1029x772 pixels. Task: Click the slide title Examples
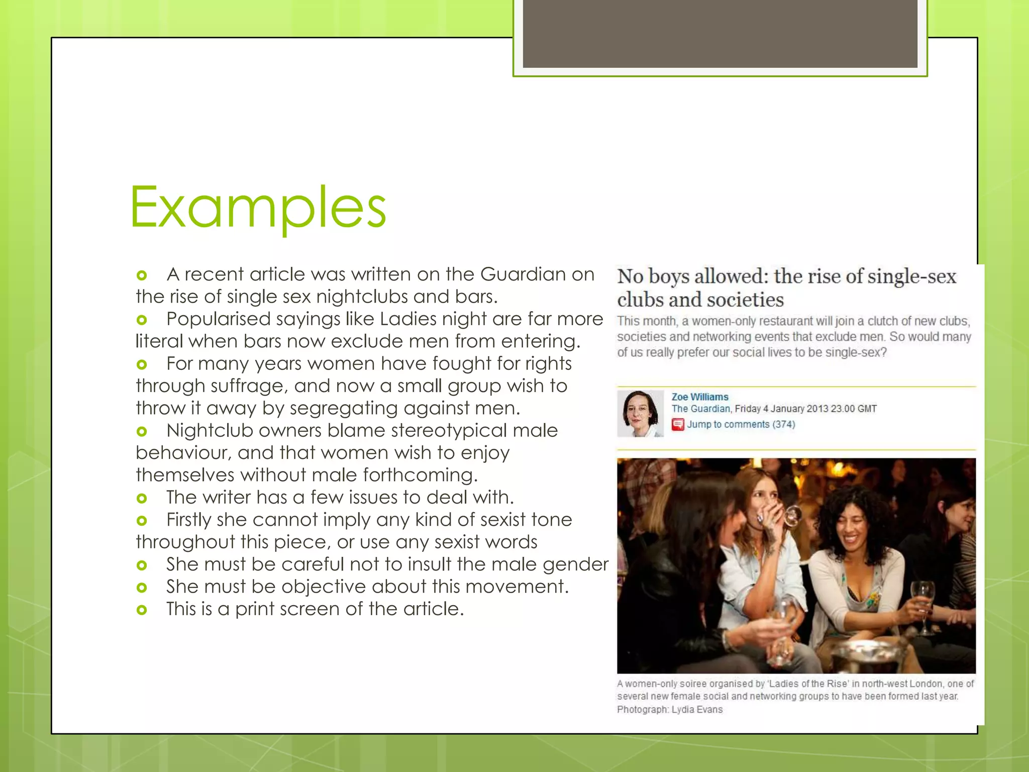(258, 207)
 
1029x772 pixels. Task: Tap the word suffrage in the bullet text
(249, 386)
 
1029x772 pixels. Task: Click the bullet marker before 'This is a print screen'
(142, 610)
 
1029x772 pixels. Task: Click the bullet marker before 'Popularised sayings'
(142, 320)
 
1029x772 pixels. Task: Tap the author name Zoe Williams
(700, 397)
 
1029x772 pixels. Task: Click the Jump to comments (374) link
(741, 425)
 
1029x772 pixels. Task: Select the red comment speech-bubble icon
(678, 425)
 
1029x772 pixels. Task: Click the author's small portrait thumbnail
(640, 414)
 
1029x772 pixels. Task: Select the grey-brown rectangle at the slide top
(720, 34)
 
